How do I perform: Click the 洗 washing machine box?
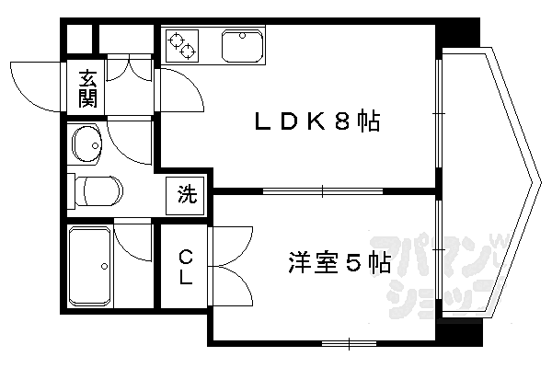[x=187, y=194]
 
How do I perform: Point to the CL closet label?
[x=185, y=266]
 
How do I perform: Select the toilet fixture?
[x=96, y=191]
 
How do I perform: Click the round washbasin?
[x=88, y=144]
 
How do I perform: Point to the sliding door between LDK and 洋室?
[x=323, y=191]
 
